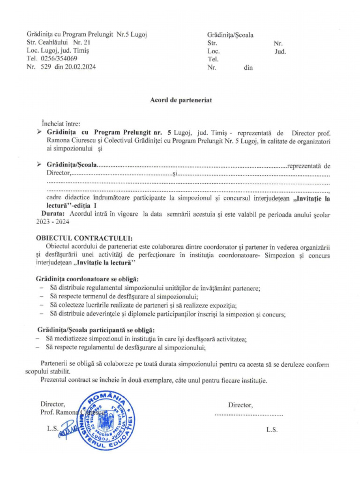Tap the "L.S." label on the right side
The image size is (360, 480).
(272, 429)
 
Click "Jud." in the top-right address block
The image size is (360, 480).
(280, 52)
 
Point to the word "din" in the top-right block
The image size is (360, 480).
(248, 67)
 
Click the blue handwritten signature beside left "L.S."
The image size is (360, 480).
(67, 430)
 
